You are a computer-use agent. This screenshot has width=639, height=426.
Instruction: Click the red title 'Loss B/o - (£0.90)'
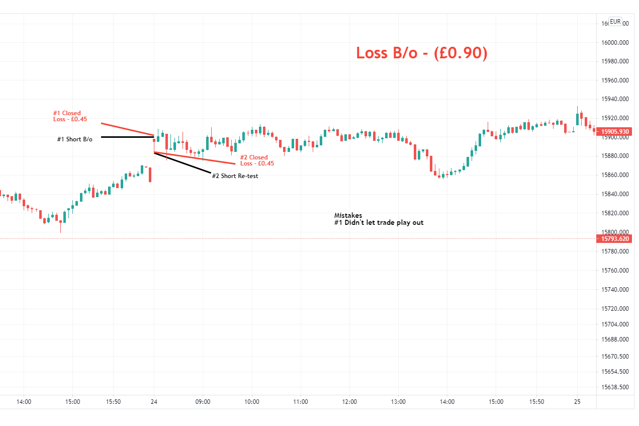point(421,53)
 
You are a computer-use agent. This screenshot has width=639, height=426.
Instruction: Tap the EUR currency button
point(615,22)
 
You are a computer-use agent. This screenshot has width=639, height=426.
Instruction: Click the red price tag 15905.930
point(615,131)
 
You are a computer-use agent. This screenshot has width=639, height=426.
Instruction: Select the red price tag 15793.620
point(615,238)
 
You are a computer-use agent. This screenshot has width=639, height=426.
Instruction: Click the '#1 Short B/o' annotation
point(74,139)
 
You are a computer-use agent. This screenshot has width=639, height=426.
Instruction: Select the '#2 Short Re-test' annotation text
point(235,176)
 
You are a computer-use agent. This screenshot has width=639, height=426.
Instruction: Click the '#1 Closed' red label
point(67,113)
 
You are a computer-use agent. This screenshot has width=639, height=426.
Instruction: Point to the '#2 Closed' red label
point(254,157)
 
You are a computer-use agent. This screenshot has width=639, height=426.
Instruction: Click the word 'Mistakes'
point(348,215)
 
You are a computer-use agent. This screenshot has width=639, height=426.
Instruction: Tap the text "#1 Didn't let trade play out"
point(379,222)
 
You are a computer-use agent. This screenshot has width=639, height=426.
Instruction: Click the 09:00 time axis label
point(203,402)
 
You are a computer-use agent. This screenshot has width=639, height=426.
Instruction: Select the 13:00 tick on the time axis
point(398,402)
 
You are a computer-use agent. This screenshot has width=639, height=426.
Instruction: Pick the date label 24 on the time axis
point(154,402)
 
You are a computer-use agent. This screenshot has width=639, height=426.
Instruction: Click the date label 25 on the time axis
point(577,402)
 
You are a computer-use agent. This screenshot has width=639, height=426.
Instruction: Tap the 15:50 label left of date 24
point(113,402)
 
